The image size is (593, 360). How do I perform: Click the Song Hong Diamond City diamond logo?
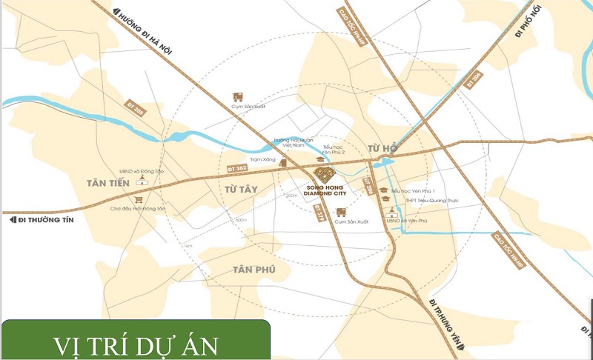[x=325, y=175]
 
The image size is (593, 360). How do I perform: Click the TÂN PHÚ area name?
[x=254, y=269]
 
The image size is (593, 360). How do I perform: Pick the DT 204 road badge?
[x=368, y=187]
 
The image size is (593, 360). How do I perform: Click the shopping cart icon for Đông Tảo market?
[x=137, y=199]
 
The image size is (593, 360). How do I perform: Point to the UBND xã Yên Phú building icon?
[x=393, y=210]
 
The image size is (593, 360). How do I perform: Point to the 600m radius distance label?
[x=240, y=220]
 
